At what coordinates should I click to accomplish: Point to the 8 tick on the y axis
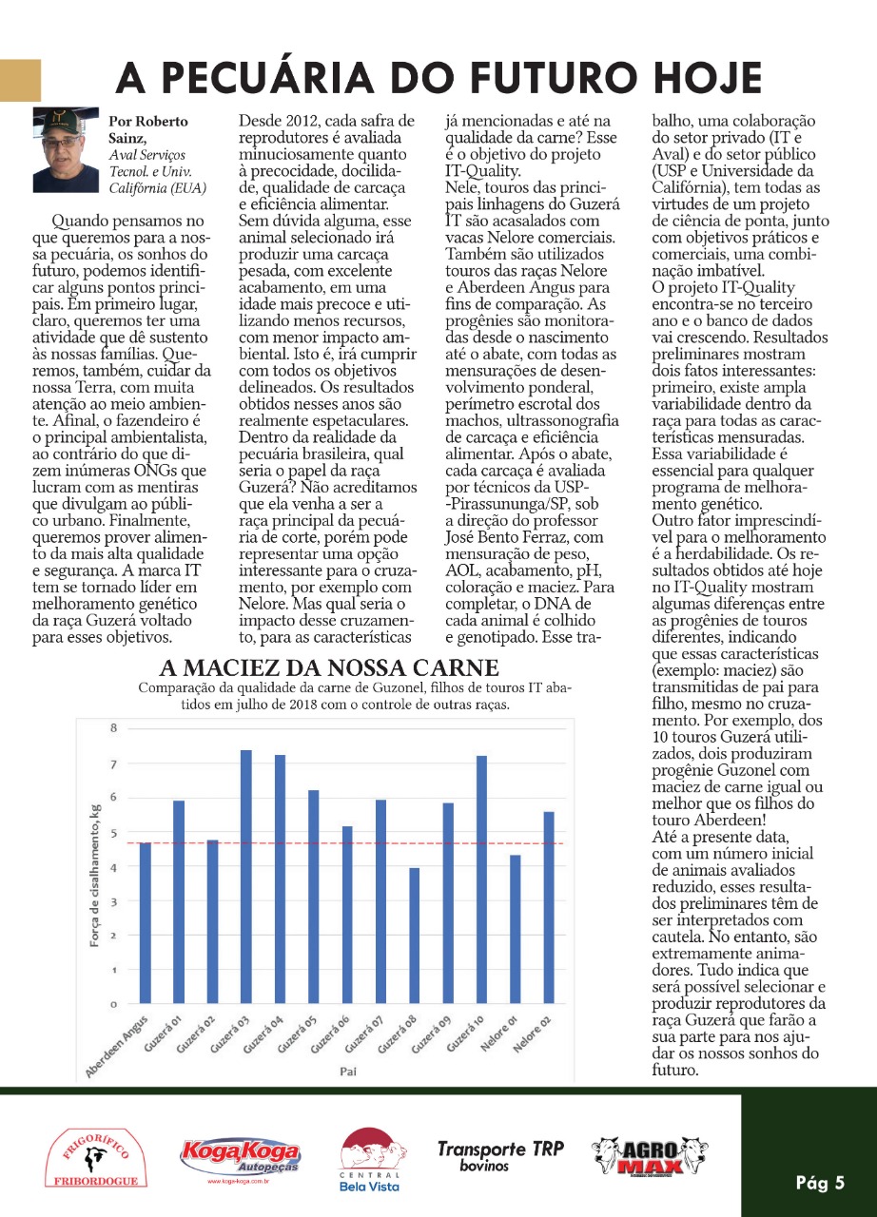[x=112, y=729]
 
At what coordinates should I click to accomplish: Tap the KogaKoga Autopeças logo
[x=240, y=1157]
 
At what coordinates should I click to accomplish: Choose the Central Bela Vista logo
[x=369, y=1159]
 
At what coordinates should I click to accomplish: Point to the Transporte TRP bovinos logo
[x=500, y=1154]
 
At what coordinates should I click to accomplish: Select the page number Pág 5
[x=820, y=1183]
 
